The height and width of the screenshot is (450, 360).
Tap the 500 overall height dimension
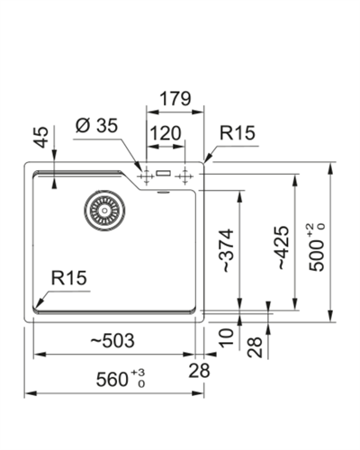click(x=320, y=247)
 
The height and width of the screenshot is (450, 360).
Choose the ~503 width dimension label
click(x=113, y=342)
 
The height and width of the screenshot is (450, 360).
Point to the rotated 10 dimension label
click(x=226, y=337)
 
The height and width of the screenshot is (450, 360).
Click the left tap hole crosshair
click(x=141, y=175)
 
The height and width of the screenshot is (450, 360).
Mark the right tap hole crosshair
click(x=186, y=175)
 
